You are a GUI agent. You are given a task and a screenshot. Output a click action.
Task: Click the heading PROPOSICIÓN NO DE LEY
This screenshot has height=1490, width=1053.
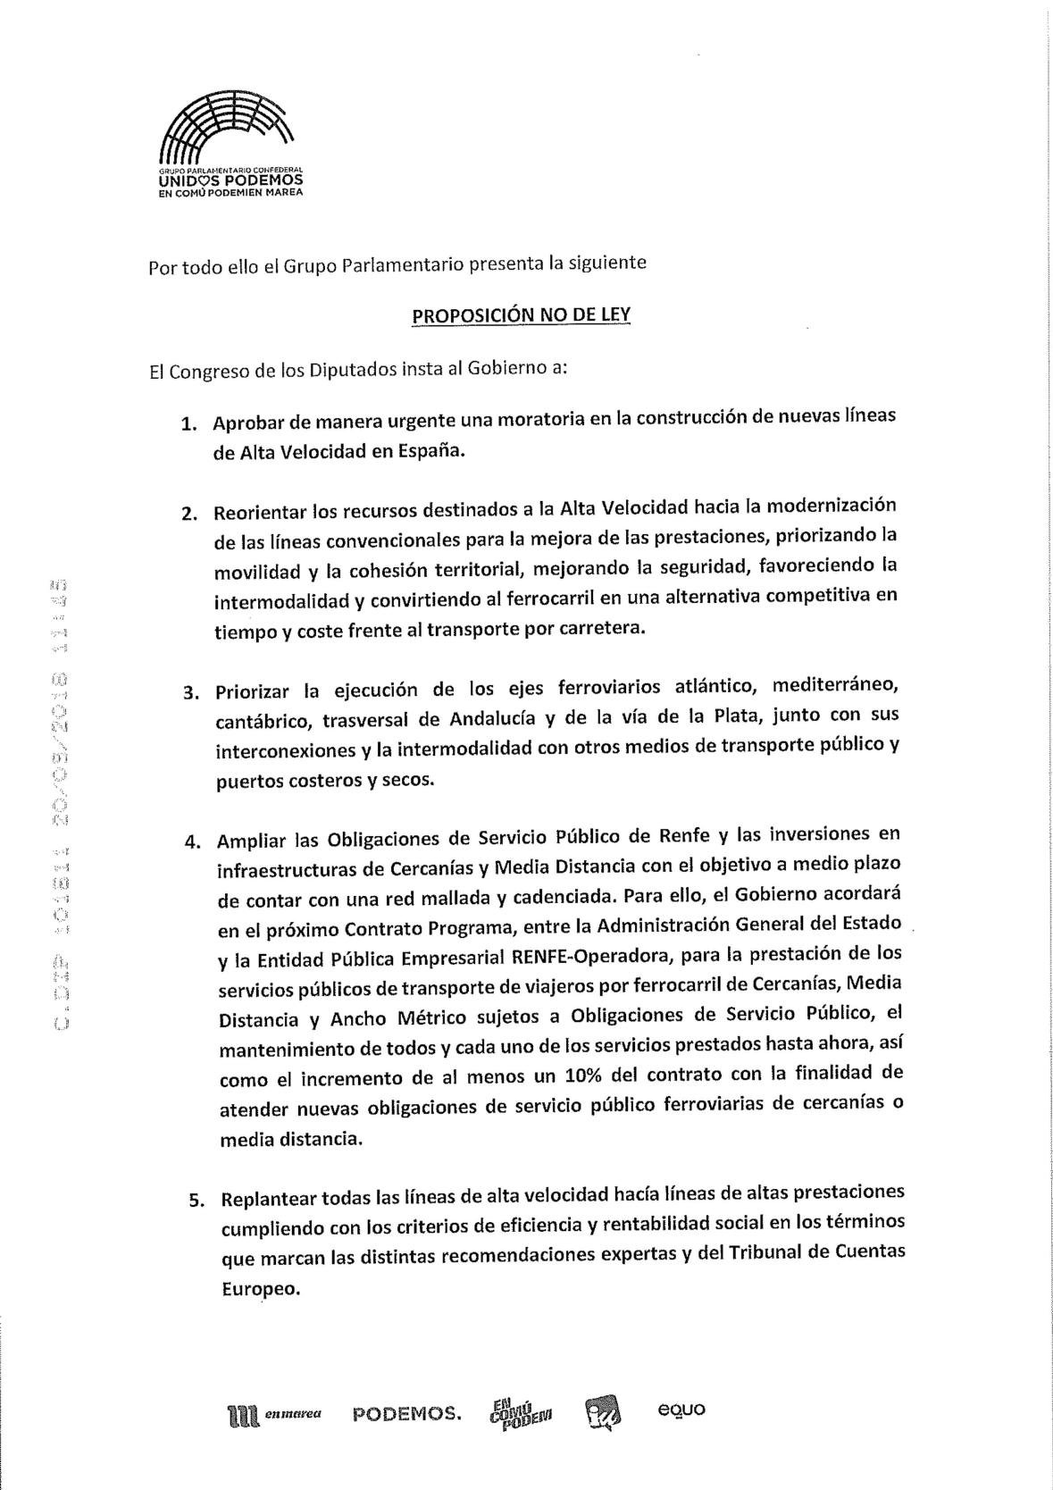click(521, 315)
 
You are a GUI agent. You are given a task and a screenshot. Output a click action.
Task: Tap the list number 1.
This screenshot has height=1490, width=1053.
click(188, 423)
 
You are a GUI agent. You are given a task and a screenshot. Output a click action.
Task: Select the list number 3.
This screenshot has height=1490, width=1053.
click(190, 692)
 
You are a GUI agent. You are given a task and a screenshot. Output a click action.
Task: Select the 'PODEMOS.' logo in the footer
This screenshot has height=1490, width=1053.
click(407, 1414)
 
